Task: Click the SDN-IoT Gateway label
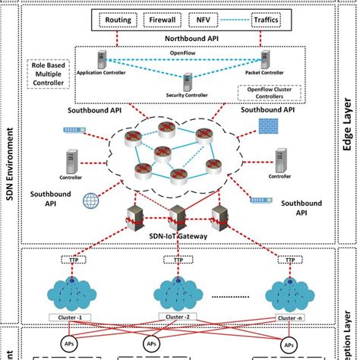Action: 182,235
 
